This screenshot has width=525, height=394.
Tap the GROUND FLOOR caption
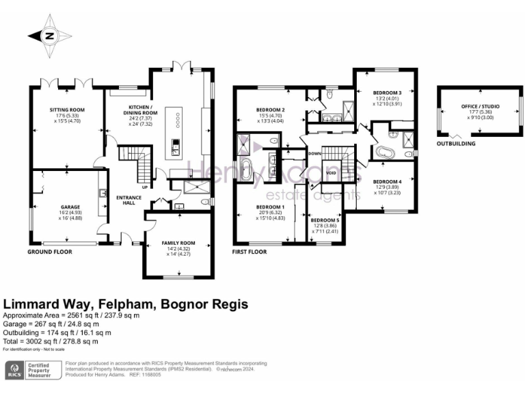click(x=50, y=252)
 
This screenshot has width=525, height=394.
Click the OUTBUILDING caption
click(x=456, y=144)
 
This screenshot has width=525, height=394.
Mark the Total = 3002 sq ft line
click(x=51, y=341)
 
